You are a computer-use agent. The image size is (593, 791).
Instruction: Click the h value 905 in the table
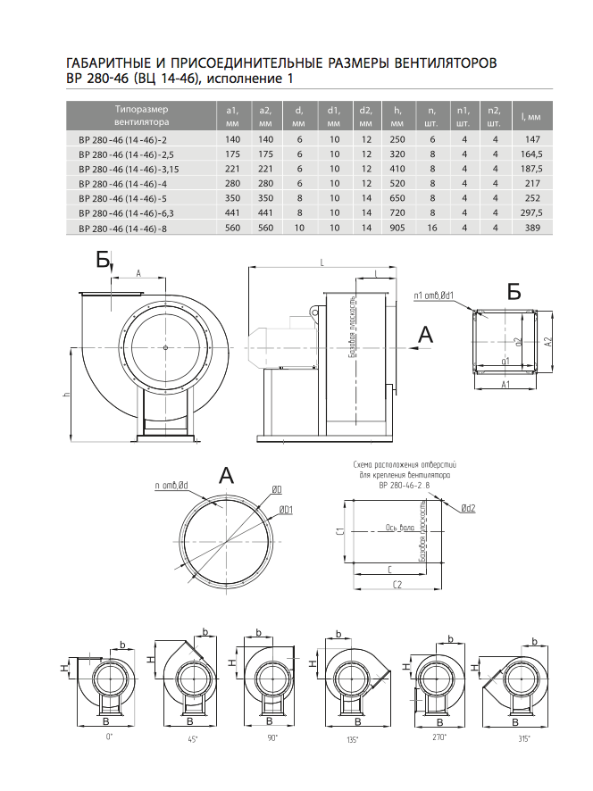397,229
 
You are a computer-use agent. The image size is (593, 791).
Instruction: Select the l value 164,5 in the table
533,154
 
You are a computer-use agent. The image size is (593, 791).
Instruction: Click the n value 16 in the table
431,229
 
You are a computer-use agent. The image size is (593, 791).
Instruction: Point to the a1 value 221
234,169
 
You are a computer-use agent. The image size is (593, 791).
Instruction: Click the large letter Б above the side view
104,260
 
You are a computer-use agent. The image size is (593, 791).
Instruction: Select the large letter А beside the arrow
426,335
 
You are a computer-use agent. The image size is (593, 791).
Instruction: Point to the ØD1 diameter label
287,509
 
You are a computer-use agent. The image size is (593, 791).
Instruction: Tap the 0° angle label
109,737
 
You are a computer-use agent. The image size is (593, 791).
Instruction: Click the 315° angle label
522,739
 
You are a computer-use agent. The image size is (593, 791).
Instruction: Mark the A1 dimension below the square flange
505,384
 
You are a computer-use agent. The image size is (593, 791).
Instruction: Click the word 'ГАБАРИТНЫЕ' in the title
110,64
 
